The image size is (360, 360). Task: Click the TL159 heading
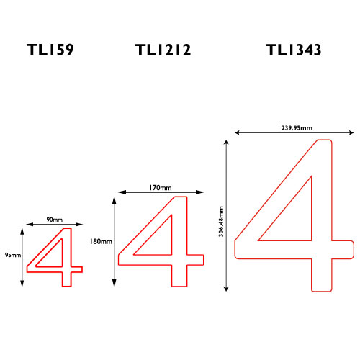click(x=50, y=50)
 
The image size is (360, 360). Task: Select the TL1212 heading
click(x=163, y=50)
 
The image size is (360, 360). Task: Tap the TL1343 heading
click(x=294, y=50)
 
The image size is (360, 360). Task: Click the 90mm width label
click(x=55, y=220)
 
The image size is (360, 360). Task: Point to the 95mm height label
click(x=13, y=255)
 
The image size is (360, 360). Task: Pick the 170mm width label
click(x=161, y=187)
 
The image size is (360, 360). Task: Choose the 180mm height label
click(x=101, y=241)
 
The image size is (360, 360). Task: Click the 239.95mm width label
click(x=297, y=127)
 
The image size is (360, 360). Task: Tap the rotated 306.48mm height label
click(x=221, y=222)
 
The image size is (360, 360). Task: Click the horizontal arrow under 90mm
click(x=55, y=225)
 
